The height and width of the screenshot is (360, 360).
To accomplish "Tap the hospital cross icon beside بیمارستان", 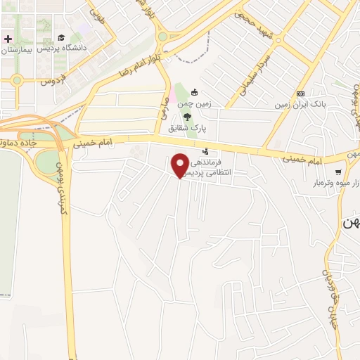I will point(8,38).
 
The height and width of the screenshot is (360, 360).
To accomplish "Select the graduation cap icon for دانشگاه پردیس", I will point(62,37).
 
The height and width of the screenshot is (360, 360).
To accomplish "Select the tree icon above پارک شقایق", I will point(187,117).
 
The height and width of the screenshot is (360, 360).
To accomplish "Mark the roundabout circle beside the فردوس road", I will point(17,81).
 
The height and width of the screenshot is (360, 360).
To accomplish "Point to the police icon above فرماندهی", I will point(205,151).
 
